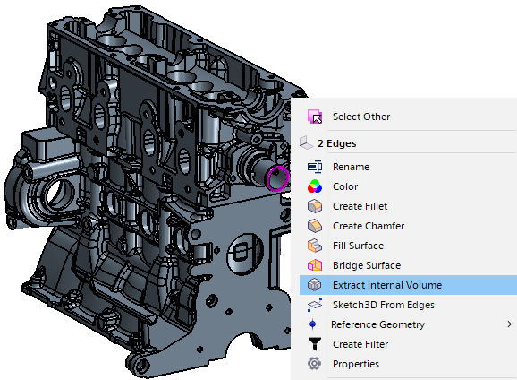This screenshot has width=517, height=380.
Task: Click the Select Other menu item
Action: pyautogui.click(x=361, y=117)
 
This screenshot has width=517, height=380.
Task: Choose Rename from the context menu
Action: pyautogui.click(x=351, y=167)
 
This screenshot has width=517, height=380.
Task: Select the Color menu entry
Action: pyautogui.click(x=345, y=186)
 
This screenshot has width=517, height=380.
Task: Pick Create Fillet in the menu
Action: pyautogui.click(x=360, y=206)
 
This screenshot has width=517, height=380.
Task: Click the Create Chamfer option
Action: pyautogui.click(x=369, y=226)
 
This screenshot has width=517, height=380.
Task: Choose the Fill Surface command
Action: pyautogui.click(x=358, y=246)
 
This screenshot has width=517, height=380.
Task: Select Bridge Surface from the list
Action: pyautogui.click(x=367, y=265)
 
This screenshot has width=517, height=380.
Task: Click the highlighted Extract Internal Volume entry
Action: pyautogui.click(x=387, y=285)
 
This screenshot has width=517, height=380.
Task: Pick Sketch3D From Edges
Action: pyautogui.click(x=384, y=305)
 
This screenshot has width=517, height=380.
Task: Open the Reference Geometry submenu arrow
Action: pyautogui.click(x=510, y=324)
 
